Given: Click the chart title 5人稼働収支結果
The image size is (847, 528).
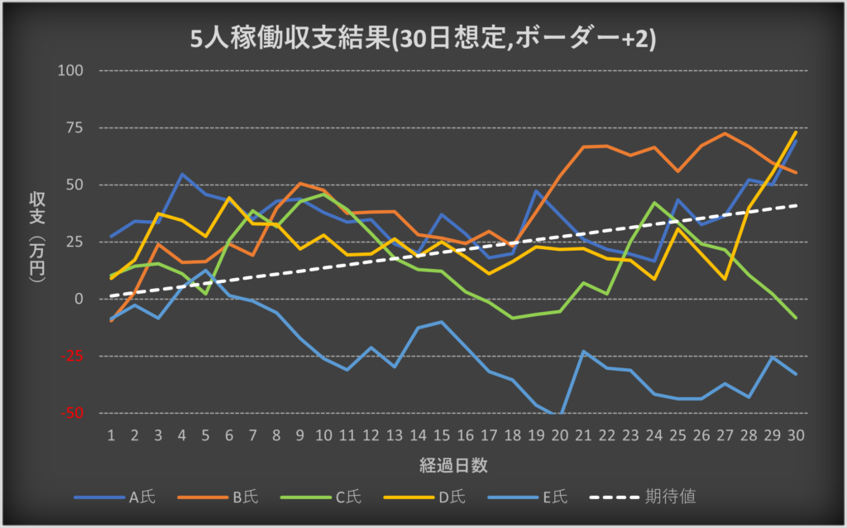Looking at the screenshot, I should pyautogui.click(x=423, y=39).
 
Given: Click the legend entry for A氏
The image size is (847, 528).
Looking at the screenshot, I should pyautogui.click(x=141, y=497).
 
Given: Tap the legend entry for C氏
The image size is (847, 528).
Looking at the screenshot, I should pyautogui.click(x=347, y=497).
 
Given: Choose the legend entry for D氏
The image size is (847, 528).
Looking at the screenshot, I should pyautogui.click(x=451, y=497).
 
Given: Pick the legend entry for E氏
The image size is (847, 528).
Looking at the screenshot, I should pyautogui.click(x=554, y=497).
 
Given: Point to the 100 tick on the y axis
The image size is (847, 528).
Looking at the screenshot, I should pyautogui.click(x=71, y=70).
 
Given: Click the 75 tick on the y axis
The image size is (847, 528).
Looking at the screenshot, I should pyautogui.click(x=74, y=127).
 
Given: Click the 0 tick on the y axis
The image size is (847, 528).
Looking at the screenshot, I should pyautogui.click(x=79, y=299).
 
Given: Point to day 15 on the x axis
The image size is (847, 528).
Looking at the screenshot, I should pyautogui.click(x=443, y=434).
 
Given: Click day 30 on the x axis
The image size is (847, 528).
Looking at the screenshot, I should pyautogui.click(x=796, y=434).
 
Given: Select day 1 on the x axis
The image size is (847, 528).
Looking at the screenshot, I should pyautogui.click(x=112, y=434).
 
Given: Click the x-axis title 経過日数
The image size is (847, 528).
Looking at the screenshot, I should pyautogui.click(x=452, y=465).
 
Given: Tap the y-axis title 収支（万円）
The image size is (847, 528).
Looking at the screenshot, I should pyautogui.click(x=37, y=240).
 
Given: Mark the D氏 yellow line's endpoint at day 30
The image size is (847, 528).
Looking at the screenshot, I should pyautogui.click(x=796, y=132).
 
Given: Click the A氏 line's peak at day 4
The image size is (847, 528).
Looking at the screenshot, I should pyautogui.click(x=183, y=175).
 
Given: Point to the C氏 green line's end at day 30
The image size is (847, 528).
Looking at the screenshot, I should pyautogui.click(x=796, y=318).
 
